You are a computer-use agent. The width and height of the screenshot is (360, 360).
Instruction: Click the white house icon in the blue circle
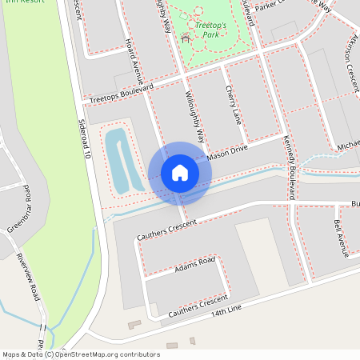179,173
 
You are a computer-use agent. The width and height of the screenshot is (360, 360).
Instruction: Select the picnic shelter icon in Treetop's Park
186,37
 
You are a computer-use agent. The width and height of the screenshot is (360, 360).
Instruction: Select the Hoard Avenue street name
133,61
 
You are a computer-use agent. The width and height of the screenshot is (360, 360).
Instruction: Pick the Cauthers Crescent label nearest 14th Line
198,304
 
